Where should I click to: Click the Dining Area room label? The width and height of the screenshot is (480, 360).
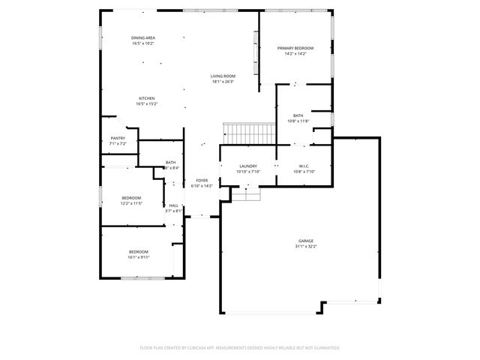(142, 37)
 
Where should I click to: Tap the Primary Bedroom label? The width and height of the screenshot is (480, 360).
(295, 49)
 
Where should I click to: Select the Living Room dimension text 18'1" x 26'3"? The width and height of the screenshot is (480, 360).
(223, 82)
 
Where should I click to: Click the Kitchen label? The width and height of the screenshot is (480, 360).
(146, 99)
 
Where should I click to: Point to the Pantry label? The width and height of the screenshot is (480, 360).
(118, 138)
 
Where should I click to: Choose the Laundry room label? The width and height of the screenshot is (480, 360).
(248, 166)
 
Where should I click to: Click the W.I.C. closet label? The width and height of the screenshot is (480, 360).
(304, 166)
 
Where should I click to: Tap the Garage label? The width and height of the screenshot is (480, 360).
(306, 241)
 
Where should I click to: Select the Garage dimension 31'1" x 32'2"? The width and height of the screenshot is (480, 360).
(306, 246)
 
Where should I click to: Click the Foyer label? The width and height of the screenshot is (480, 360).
(202, 180)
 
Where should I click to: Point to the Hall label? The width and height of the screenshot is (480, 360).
(173, 205)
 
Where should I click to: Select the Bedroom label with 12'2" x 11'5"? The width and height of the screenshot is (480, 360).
(131, 198)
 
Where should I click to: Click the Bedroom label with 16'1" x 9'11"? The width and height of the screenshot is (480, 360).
(138, 251)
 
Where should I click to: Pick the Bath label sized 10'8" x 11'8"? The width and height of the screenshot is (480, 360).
(298, 115)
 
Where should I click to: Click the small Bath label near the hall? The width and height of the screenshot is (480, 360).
(171, 163)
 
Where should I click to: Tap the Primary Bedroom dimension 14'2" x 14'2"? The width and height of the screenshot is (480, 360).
(295, 54)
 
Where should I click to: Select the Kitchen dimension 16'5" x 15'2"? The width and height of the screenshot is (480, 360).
(146, 104)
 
